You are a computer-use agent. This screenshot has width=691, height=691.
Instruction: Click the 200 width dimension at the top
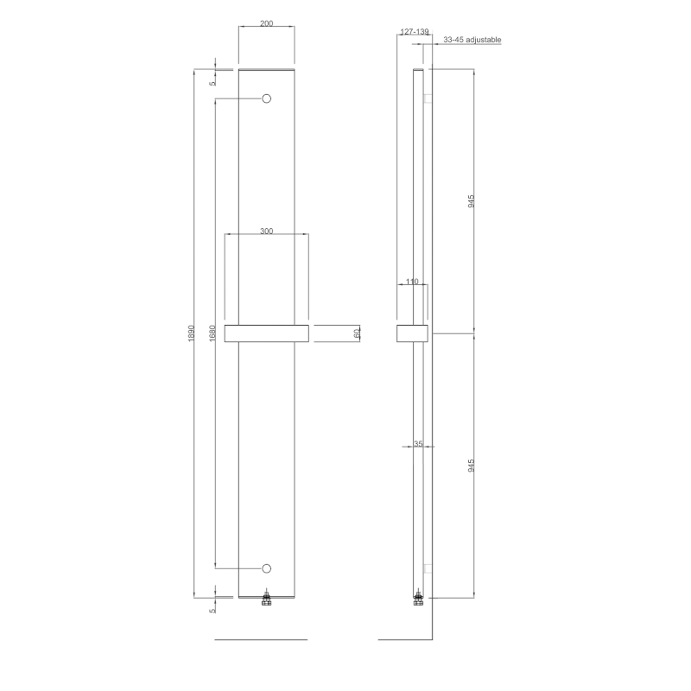[266, 23]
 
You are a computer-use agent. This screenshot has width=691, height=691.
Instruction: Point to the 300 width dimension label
[266, 231]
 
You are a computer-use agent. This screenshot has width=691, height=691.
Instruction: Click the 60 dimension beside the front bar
[356, 333]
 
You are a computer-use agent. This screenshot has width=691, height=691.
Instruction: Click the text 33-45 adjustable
[472, 40]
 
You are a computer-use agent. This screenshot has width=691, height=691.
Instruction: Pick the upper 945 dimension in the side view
[471, 201]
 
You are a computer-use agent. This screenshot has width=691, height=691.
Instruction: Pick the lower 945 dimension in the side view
[471, 466]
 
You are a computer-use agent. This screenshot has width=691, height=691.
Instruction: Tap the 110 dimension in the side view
[411, 282]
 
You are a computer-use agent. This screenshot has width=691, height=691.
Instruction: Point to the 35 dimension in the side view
[418, 444]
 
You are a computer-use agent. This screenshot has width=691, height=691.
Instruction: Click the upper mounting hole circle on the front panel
[267, 98]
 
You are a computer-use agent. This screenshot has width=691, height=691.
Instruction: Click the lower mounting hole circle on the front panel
[267, 568]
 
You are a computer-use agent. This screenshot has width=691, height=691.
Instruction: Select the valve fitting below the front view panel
[267, 600]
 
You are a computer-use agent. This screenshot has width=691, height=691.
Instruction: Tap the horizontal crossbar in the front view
[266, 333]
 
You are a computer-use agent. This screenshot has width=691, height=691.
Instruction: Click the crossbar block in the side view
[411, 333]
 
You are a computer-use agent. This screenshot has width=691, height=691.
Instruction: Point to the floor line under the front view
[259, 640]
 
